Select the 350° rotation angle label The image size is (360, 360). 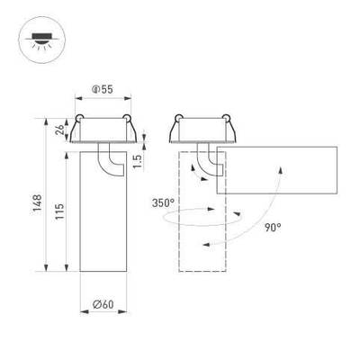(x=163, y=203)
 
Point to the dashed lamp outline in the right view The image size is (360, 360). (x=199, y=243)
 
